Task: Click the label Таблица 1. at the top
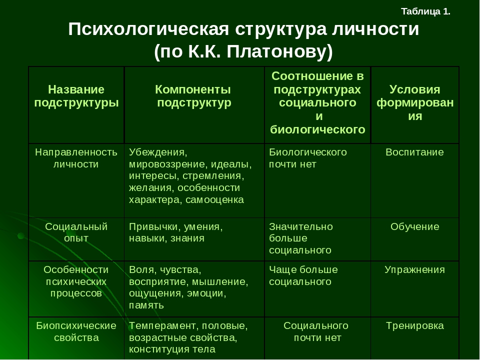click(x=425, y=11)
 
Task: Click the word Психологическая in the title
click(x=148, y=29)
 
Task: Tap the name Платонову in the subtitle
click(x=279, y=51)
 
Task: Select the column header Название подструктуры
click(x=76, y=96)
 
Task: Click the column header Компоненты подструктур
click(x=193, y=96)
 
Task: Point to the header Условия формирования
click(x=415, y=103)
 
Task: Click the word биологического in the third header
click(x=318, y=130)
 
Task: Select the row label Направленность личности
click(x=76, y=158)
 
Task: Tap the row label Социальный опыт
click(x=76, y=232)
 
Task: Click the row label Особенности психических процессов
click(x=76, y=281)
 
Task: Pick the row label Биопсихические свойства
click(x=76, y=331)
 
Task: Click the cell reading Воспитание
click(x=415, y=152)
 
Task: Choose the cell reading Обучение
click(x=415, y=226)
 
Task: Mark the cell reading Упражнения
click(x=415, y=269)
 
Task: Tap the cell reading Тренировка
click(x=415, y=325)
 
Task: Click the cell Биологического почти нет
click(x=308, y=158)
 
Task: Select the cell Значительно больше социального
click(x=301, y=238)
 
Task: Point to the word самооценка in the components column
click(x=214, y=200)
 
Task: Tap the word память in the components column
click(x=146, y=305)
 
